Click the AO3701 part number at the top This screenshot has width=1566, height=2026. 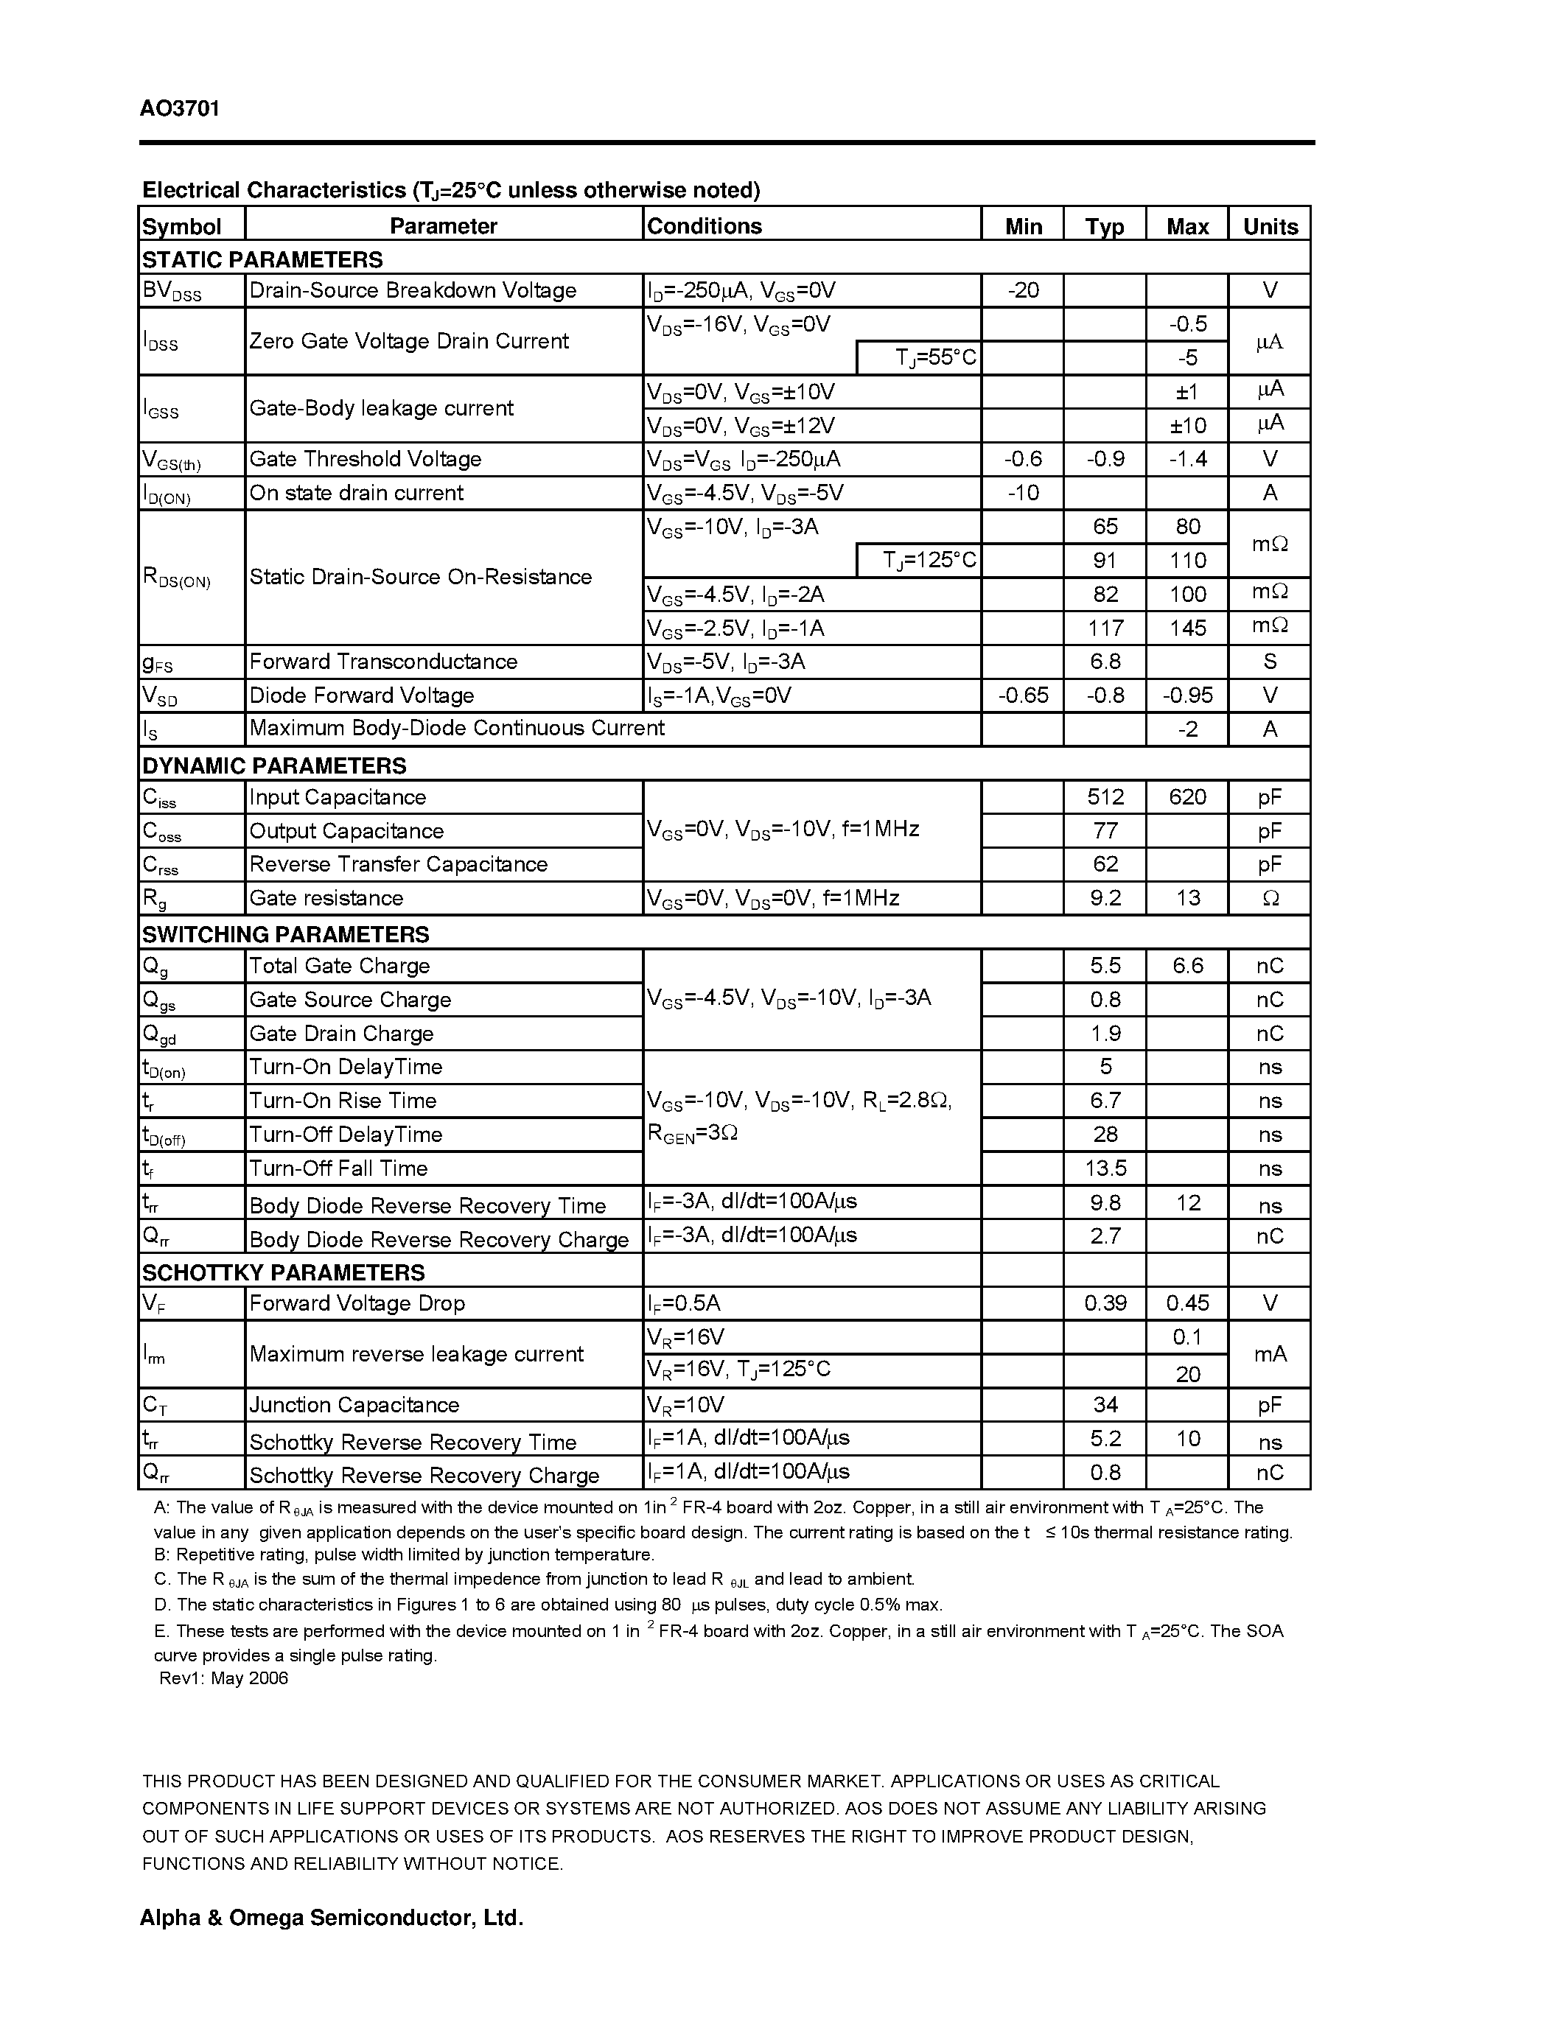(180, 108)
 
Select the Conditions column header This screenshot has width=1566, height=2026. (704, 226)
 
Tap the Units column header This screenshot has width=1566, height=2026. (1269, 226)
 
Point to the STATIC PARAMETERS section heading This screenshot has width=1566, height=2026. (262, 260)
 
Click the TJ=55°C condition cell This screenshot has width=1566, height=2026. (935, 357)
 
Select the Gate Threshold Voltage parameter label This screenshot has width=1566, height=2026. (366, 459)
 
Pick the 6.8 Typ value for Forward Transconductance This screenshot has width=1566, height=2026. (1104, 662)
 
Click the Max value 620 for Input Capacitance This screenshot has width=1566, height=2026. (1186, 797)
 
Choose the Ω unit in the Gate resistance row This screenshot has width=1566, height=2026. (1270, 898)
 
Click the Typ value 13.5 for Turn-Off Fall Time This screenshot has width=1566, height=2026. (1104, 1168)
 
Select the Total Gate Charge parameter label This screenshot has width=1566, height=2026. (340, 966)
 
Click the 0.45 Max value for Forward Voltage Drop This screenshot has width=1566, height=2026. (1186, 1303)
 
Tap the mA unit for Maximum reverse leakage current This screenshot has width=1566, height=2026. (1269, 1354)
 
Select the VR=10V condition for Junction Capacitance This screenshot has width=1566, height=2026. (685, 1404)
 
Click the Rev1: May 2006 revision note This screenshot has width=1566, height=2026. (223, 1678)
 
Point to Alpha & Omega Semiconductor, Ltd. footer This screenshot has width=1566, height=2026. (331, 1918)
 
